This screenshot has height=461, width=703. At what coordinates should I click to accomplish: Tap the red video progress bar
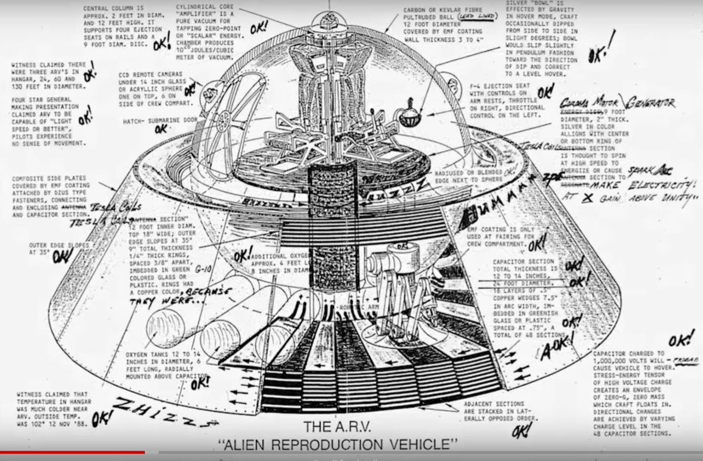click(x=72, y=453)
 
